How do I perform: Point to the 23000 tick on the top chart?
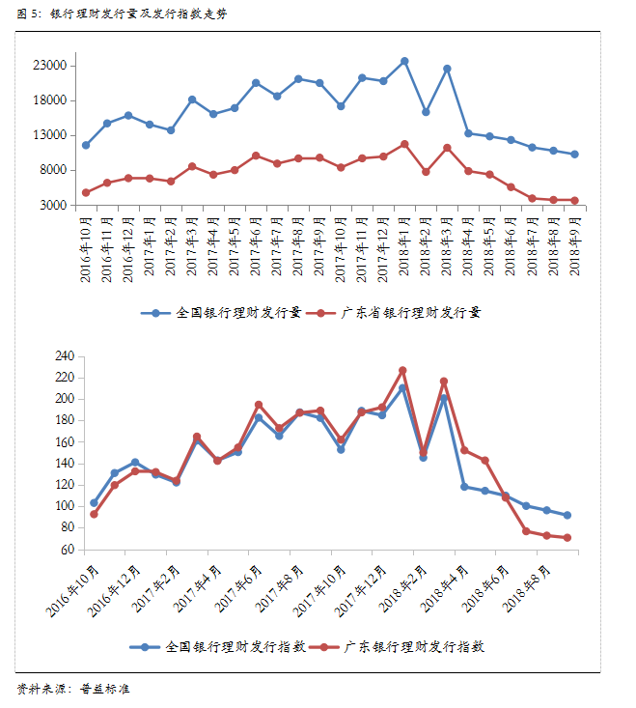pos(48,66)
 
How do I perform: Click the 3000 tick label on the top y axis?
pos(52,205)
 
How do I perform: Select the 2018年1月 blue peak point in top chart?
pos(404,61)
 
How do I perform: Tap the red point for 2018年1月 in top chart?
pos(404,144)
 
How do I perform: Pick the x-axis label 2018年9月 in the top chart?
pos(574,248)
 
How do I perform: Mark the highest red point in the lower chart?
pos(402,370)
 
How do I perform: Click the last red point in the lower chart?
pos(567,538)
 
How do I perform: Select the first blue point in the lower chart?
pos(94,503)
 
